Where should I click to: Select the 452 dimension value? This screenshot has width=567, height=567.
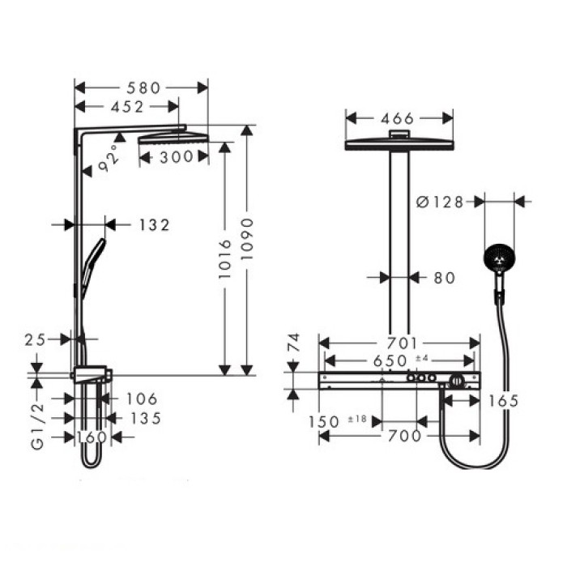122,106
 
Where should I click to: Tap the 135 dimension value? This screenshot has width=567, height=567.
144,418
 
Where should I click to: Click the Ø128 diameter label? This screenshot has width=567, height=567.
441,202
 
